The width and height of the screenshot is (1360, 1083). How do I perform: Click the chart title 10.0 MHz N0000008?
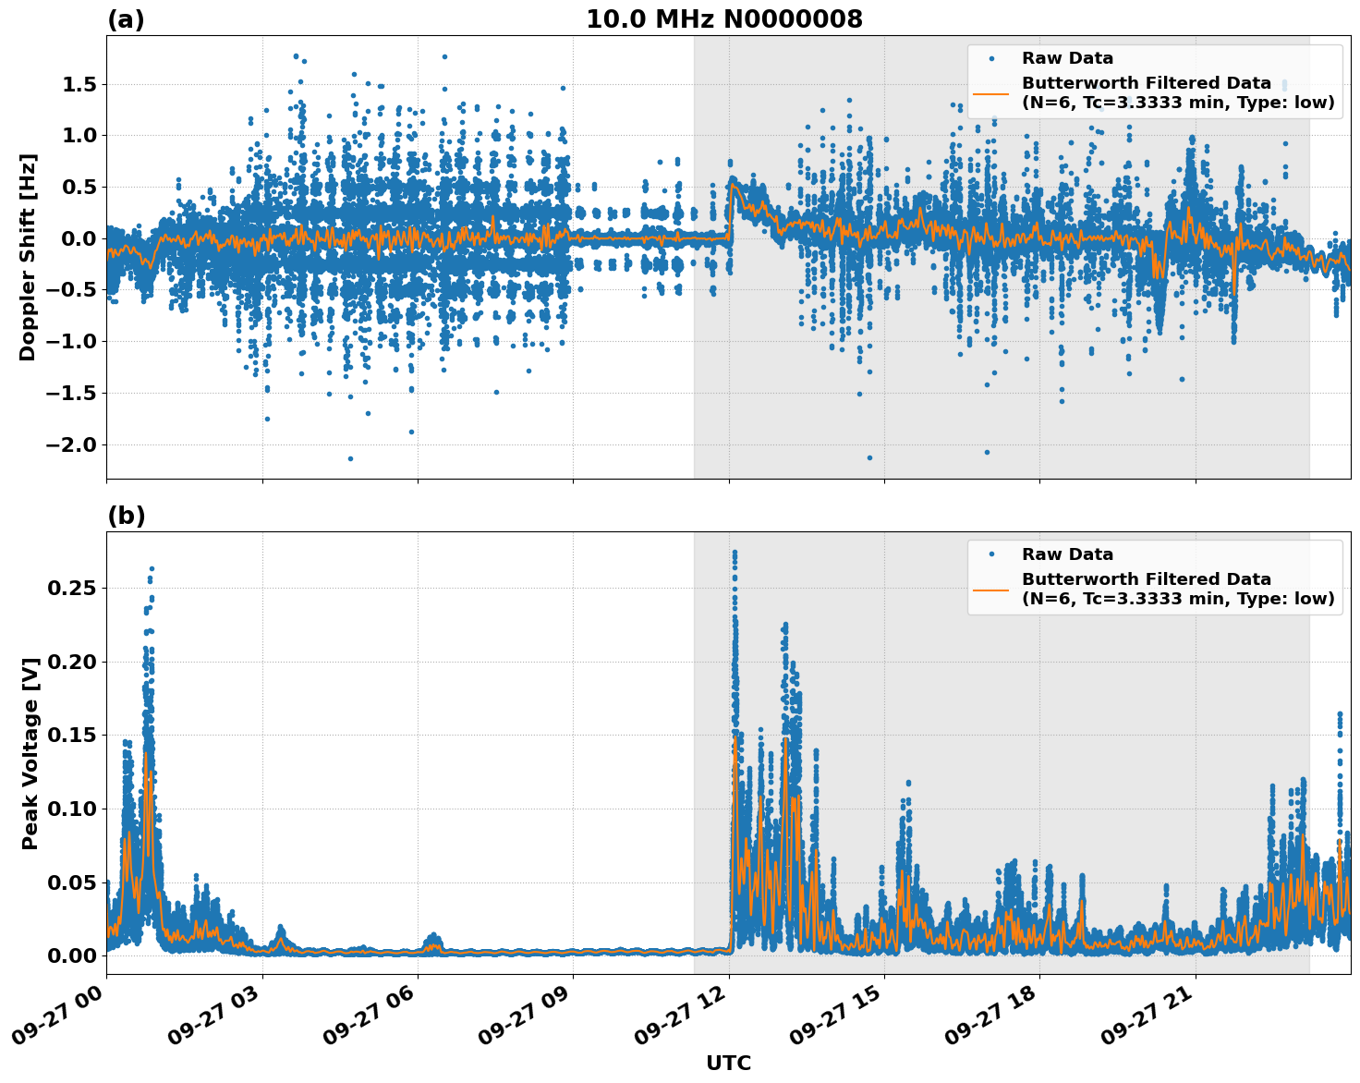pos(723,19)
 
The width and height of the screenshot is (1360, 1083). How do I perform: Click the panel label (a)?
pos(126,19)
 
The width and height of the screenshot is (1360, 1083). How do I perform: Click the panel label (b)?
pos(126,516)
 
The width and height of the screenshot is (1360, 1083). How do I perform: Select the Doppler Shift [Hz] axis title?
pos(28,257)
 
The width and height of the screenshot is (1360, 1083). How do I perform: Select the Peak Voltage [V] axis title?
pos(30,753)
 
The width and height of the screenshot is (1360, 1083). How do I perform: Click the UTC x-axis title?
pos(728,1064)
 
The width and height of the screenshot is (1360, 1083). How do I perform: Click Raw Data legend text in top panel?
pos(1067,58)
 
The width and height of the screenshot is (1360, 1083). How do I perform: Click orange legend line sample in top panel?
pos(991,93)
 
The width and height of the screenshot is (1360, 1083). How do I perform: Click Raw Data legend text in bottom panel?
pos(1067,554)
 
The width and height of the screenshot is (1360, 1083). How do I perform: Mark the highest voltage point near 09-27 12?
pos(735,552)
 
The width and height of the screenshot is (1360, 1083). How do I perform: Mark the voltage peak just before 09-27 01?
pos(152,569)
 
